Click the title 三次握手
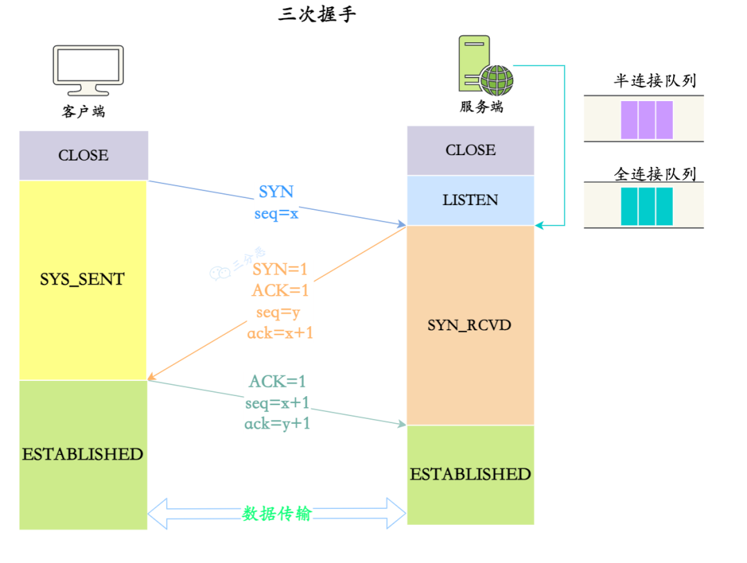coord(317,14)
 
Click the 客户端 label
coord(84,111)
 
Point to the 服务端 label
coord(481,107)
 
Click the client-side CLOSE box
coord(84,156)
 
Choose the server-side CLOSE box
coord(470,150)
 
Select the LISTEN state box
coord(470,200)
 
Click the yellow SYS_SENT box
coord(83,280)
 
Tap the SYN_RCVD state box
coord(470,325)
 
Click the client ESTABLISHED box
coord(83,454)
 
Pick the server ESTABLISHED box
coord(470,474)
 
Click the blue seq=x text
coord(276,213)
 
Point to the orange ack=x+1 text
coord(280,333)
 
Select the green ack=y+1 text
coord(277,424)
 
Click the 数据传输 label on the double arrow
coord(277,514)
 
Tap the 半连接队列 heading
coord(654,81)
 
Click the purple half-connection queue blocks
coord(647,120)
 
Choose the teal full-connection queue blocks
coord(647,206)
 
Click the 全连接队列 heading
coord(654,174)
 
